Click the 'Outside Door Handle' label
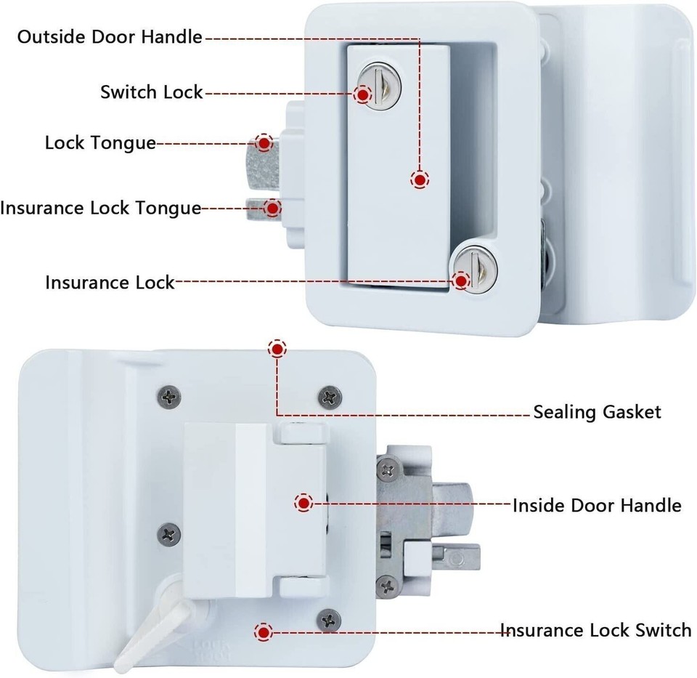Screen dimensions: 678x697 click(110, 37)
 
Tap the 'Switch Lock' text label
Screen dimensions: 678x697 click(151, 92)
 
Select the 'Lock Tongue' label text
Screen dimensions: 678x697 click(100, 142)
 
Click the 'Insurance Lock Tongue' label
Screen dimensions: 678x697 click(100, 208)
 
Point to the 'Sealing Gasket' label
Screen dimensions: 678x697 click(597, 412)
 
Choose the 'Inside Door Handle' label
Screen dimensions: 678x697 click(597, 505)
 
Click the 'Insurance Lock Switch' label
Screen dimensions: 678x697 click(595, 629)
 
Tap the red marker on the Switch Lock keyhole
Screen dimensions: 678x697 click(363, 94)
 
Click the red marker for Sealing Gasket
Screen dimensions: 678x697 click(277, 350)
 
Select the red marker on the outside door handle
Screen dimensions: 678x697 click(419, 179)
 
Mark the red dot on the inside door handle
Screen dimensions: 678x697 click(303, 503)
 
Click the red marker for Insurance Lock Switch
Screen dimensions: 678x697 click(264, 631)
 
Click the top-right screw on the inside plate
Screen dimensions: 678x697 click(330, 397)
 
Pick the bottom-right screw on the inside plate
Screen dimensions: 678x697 click(330, 620)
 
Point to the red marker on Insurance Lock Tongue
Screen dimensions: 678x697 click(272, 209)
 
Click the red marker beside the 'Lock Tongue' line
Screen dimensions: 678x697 click(265, 142)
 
